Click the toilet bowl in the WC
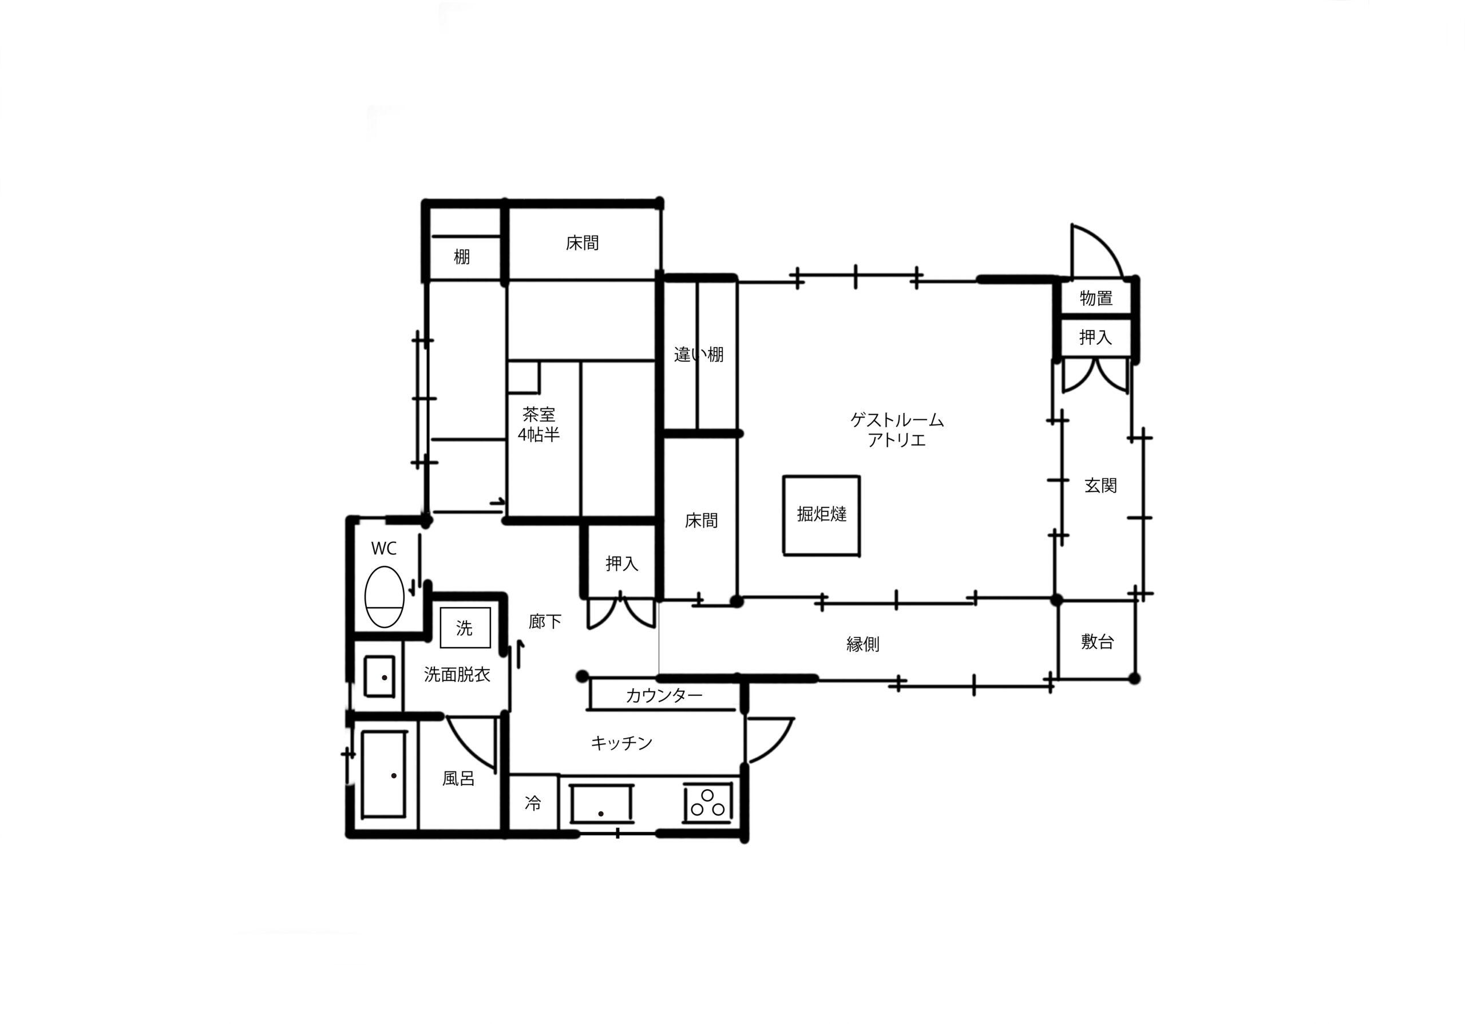click(384, 596)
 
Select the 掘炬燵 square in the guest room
click(821, 515)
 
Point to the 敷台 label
click(1097, 641)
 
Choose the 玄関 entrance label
click(1100, 485)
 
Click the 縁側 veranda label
click(862, 644)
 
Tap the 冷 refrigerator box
click(533, 803)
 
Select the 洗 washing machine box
click(465, 628)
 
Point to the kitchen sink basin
click(601, 803)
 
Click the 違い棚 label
click(699, 355)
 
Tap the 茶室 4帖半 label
click(539, 424)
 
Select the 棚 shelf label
click(461, 257)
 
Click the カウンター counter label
click(664, 696)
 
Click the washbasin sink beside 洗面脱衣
click(379, 676)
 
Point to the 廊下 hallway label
click(545, 621)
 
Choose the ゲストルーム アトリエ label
click(897, 430)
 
